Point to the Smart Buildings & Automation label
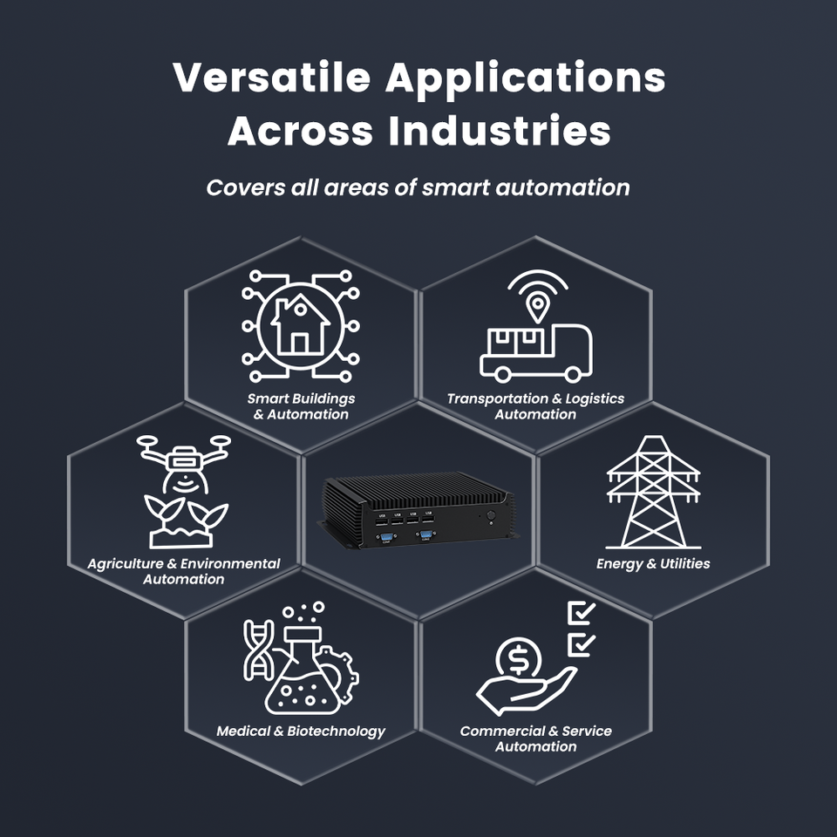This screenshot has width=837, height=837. (x=301, y=406)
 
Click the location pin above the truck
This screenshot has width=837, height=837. (x=538, y=306)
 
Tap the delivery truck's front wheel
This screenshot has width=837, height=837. (x=573, y=372)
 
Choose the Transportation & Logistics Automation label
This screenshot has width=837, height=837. (x=535, y=406)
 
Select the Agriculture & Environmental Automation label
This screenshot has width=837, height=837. (x=184, y=571)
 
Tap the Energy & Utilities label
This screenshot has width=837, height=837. (x=653, y=564)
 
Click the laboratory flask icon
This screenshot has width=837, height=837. (x=303, y=676)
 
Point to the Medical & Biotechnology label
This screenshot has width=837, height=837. (x=301, y=732)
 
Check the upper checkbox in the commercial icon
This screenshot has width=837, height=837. (x=581, y=614)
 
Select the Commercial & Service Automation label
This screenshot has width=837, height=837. (x=535, y=739)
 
